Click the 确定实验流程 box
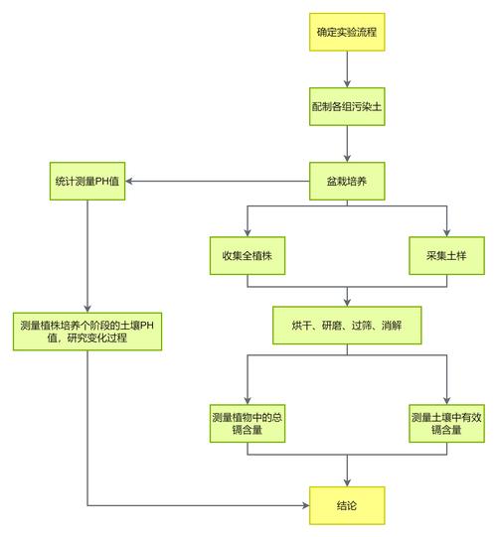tap(346, 33)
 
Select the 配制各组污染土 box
tap(346, 107)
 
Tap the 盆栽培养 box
tap(346, 181)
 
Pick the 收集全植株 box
tap(248, 256)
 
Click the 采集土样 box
tap(445, 256)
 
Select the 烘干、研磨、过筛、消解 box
tap(346, 326)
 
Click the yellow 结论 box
tap(346, 505)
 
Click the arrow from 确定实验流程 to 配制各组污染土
tap(346, 69)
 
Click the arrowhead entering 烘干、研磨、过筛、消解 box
tap(346, 301)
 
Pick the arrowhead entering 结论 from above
tap(346, 481)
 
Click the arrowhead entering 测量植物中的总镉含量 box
tap(248, 398)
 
